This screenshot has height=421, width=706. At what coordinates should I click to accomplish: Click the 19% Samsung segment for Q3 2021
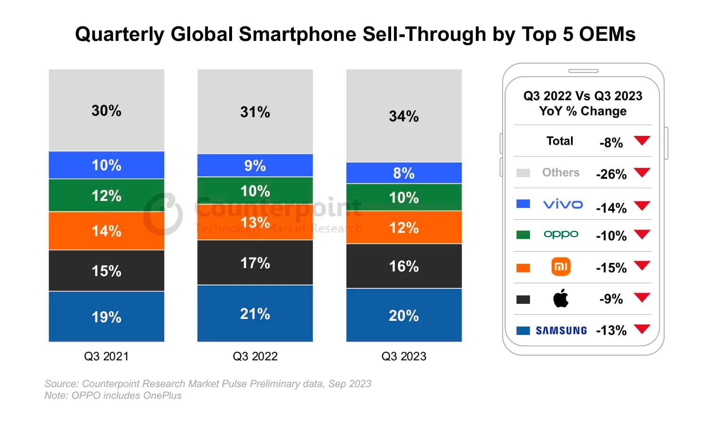pos(106,317)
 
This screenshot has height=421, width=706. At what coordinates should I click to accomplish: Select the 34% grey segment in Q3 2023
pos(404,116)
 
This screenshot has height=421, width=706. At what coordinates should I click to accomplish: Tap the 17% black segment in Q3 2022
pos(255,262)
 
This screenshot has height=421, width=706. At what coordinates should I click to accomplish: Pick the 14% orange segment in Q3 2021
pos(106,230)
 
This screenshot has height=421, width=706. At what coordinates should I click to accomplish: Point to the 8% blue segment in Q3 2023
pos(404,173)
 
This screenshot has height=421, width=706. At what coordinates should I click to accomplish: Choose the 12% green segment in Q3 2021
pos(106,195)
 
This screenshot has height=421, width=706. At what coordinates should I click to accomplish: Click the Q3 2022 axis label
pos(255,356)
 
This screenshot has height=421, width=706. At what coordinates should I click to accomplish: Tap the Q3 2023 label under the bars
pos(404,356)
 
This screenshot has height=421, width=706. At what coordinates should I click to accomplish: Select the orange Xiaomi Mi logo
pos(561,267)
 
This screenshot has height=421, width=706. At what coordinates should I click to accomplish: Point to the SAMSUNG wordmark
pos(561,331)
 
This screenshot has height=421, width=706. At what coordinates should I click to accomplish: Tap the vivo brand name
pos(562,204)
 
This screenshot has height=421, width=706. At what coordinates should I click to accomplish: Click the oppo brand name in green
pos(561,234)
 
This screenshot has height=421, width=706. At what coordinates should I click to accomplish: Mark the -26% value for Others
pos(611,174)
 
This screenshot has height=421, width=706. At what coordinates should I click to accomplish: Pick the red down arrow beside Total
pos(642,140)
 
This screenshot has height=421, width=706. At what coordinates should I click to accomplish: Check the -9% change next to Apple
pos(611,299)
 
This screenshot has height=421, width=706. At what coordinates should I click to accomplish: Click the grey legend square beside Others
pos(523,173)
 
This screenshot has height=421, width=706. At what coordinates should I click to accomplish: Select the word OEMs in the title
pos(607,34)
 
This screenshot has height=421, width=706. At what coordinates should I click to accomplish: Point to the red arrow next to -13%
pos(642,329)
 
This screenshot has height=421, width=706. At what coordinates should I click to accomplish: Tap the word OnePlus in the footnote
pos(162,396)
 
